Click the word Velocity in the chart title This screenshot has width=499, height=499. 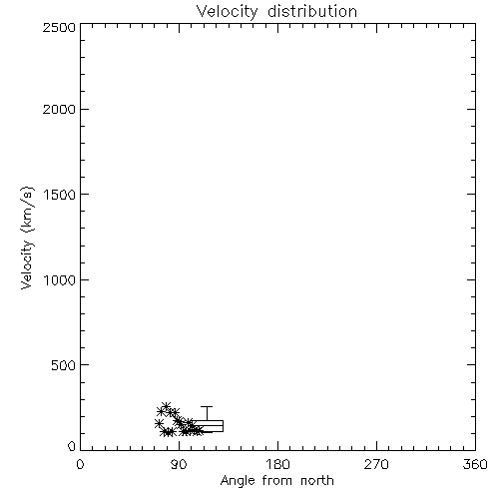click(x=227, y=12)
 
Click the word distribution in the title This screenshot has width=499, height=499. click(x=312, y=11)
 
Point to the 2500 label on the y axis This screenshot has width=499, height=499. click(x=59, y=27)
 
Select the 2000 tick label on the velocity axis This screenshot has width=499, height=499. click(x=59, y=109)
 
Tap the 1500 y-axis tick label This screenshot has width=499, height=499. click(x=60, y=195)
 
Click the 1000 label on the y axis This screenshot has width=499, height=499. click(x=60, y=280)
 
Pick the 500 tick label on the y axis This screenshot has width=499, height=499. click(x=64, y=365)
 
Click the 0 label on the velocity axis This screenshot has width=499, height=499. click(x=72, y=446)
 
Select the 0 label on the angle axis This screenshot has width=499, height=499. click(x=80, y=464)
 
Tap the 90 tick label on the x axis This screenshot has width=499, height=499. click(x=179, y=464)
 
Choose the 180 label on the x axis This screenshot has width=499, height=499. click(x=277, y=464)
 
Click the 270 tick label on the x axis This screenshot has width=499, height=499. click(x=376, y=464)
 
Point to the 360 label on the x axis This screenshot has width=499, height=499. click(x=475, y=464)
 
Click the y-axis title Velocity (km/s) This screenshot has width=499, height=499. click(x=27, y=238)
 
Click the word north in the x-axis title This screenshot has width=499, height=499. click(x=317, y=481)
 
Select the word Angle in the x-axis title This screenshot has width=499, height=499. click(x=238, y=481)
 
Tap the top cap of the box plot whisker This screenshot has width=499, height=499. click(x=207, y=406)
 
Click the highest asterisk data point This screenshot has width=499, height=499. click(x=166, y=406)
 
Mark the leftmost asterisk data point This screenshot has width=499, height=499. click(x=159, y=423)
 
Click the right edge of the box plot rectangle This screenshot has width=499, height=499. click(x=223, y=426)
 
